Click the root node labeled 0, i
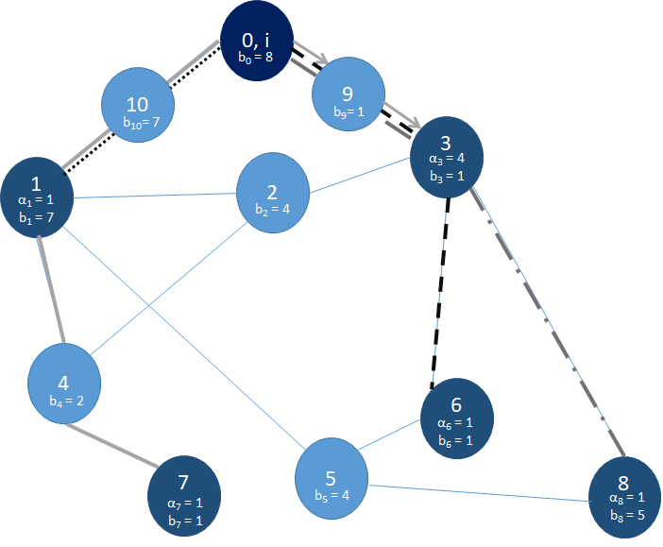[255, 42]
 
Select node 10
[138, 105]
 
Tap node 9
[348, 96]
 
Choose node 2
[273, 192]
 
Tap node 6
[456, 415]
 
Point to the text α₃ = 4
[448, 159]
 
